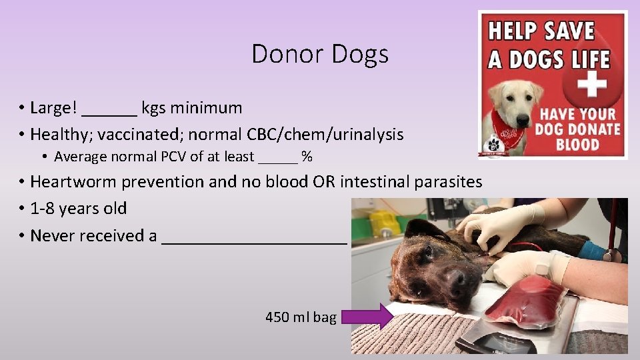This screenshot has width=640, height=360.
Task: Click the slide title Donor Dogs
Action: click(320, 53)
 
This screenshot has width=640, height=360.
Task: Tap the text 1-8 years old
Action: click(79, 209)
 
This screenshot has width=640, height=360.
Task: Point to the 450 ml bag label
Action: click(301, 317)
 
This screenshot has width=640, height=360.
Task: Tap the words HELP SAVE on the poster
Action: click(541, 31)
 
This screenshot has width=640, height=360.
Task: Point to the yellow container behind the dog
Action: click(385, 223)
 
